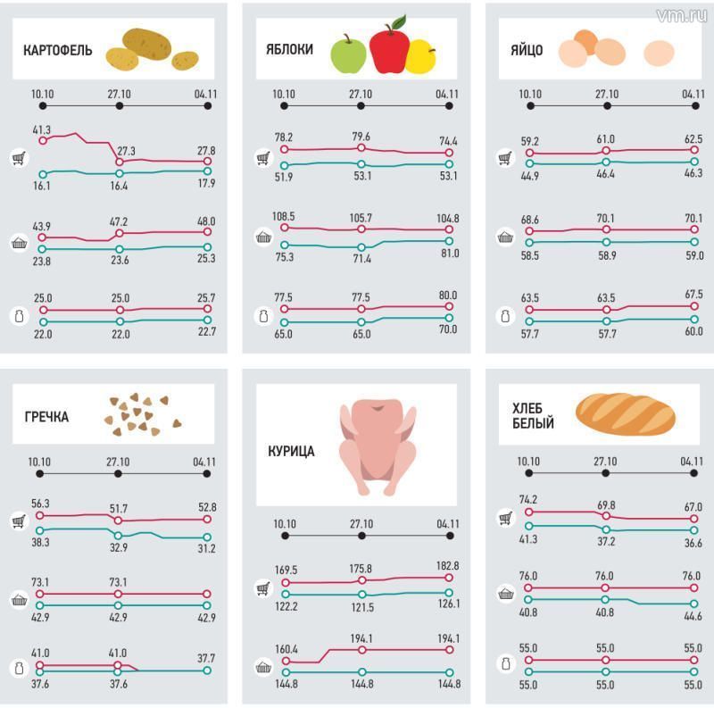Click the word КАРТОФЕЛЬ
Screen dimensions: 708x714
(57, 50)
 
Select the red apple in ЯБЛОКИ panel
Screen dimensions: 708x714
(388, 48)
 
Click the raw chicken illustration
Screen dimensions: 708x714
(378, 446)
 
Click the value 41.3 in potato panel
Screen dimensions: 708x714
(42, 130)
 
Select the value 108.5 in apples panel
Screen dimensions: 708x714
(284, 217)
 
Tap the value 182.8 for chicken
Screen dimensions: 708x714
(447, 566)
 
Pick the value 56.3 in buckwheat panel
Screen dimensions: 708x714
(42, 504)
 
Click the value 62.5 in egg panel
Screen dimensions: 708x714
(693, 139)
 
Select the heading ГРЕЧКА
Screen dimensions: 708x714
(46, 417)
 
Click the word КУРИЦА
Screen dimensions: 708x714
(291, 452)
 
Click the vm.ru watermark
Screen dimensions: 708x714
(681, 15)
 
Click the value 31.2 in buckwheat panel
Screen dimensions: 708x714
(205, 548)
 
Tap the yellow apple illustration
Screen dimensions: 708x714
(420, 57)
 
